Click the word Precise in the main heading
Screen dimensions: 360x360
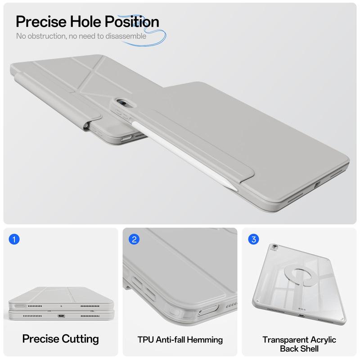coord(41,22)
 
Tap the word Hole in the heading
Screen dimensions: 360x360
coord(85,22)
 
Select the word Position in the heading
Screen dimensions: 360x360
coord(132,22)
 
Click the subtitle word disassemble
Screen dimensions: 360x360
coord(126,36)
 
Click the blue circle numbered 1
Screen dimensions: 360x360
coord(14,239)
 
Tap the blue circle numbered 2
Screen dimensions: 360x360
coord(134,239)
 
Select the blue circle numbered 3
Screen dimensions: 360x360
coord(253,239)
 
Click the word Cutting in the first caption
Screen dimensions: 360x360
coord(80,339)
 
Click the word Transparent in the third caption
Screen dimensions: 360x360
coord(285,340)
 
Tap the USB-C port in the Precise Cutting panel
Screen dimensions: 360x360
coord(61,316)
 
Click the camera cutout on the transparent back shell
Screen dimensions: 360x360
coord(274,247)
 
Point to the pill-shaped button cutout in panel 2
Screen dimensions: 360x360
coord(208,310)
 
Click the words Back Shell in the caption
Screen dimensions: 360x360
coord(299,349)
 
